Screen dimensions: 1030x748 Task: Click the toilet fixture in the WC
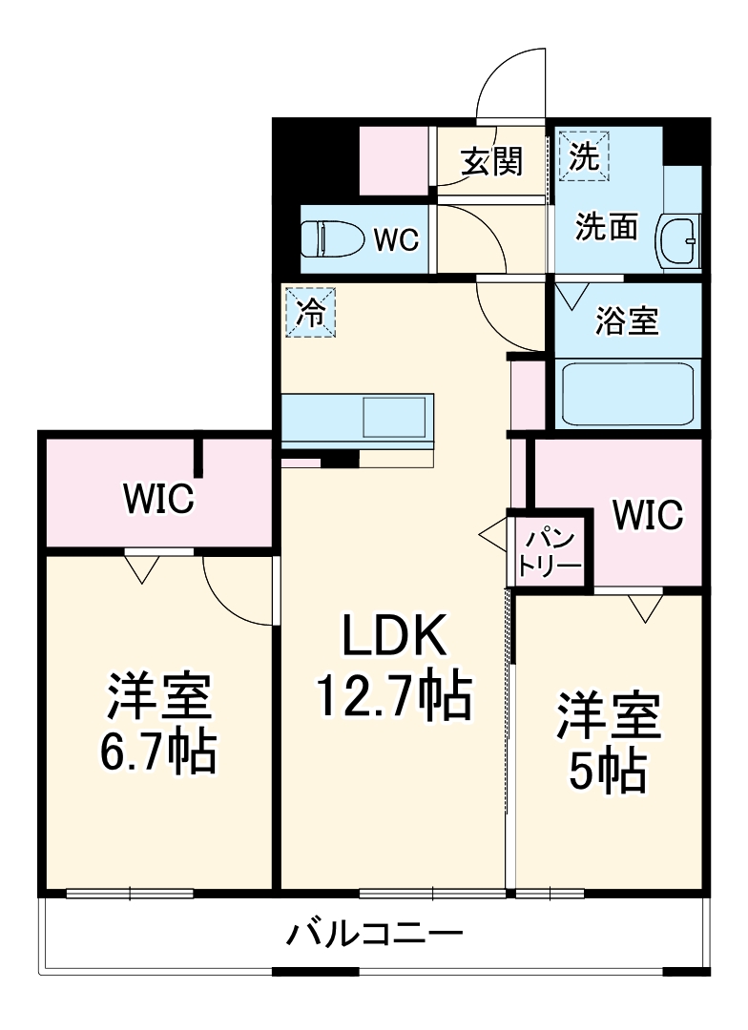tap(330, 239)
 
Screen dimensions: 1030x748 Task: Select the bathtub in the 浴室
tap(629, 394)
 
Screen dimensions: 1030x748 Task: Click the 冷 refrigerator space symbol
tap(310, 313)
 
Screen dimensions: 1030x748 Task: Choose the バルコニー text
tap(376, 933)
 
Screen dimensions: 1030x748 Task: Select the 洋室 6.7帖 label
tap(158, 724)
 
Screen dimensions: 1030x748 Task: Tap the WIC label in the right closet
tap(648, 515)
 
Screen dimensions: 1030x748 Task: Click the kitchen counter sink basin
tap(394, 419)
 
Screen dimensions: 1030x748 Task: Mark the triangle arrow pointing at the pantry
tap(495, 537)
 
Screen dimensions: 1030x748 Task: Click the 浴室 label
tap(627, 320)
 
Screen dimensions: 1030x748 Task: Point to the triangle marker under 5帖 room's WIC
tap(645, 607)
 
